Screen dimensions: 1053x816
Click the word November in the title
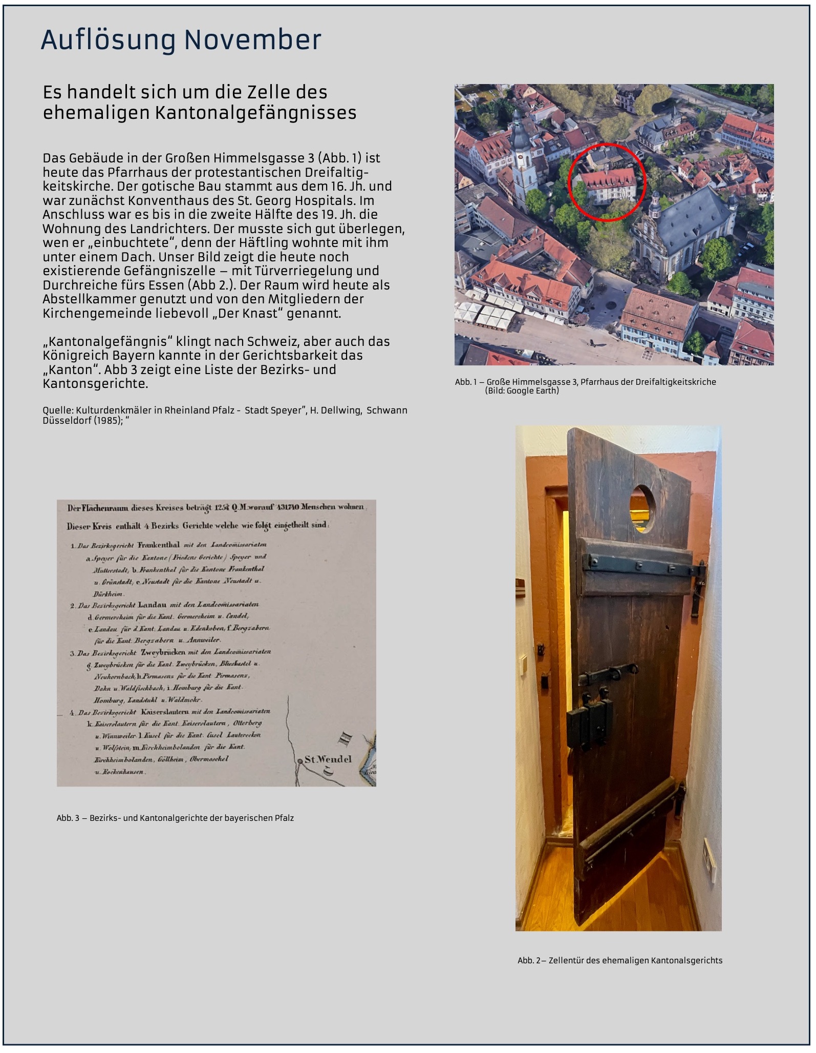[252, 40]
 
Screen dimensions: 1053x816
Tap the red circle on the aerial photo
[608, 182]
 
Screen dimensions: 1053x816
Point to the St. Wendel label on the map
[328, 759]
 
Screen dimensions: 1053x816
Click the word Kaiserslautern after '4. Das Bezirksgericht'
[162, 712]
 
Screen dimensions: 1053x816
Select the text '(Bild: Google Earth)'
[522, 390]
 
